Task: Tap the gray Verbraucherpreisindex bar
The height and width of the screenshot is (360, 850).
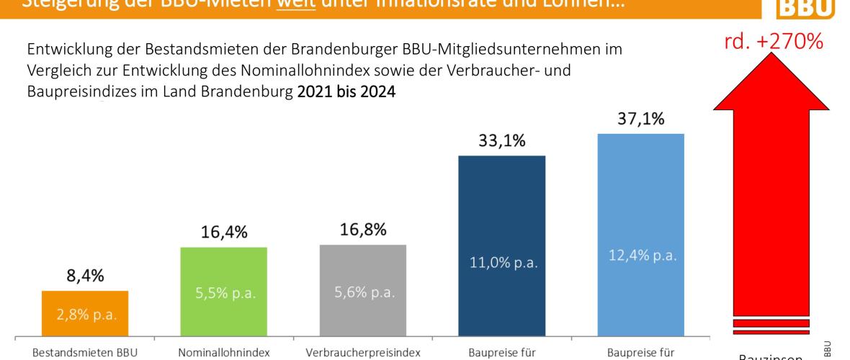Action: [x=362, y=289]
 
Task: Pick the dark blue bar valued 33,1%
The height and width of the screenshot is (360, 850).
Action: [x=501, y=244]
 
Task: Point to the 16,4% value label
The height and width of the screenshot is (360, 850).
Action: [x=223, y=233]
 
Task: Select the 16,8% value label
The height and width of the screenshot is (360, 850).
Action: [x=362, y=230]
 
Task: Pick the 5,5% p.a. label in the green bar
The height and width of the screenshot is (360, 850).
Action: [x=223, y=294]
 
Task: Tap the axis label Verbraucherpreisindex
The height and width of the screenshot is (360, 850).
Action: [x=362, y=353]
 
